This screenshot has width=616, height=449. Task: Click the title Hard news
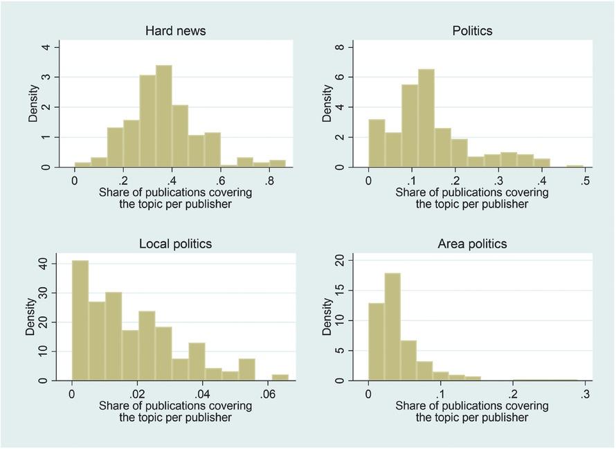coord(175,31)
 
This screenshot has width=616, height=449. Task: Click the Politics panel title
coord(472,31)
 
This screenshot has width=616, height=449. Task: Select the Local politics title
coord(175,244)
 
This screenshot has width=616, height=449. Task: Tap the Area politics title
coord(472,244)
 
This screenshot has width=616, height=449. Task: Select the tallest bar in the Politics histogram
coord(426,118)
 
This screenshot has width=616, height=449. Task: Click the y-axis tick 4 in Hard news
coord(46,47)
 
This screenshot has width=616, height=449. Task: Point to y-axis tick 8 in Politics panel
coord(340,47)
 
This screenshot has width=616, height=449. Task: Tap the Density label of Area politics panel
coord(327,317)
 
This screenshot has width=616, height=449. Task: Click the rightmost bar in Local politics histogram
coord(280,377)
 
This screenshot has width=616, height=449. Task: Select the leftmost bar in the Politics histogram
coord(377,143)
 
